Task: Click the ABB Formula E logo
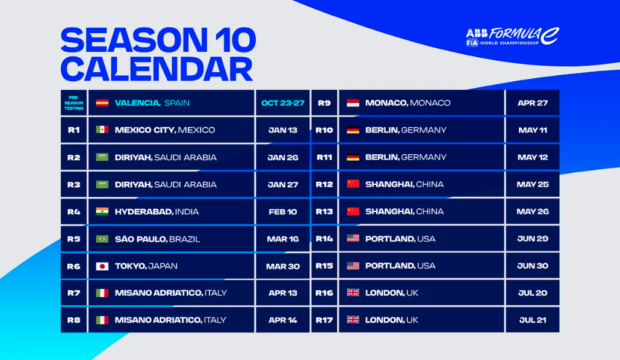[512, 37]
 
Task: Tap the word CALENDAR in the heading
[157, 69]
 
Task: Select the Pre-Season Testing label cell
[73, 103]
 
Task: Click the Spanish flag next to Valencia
[102, 103]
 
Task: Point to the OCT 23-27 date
[282, 103]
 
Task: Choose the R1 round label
[73, 130]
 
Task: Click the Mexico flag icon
[102, 130]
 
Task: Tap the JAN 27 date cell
[282, 185]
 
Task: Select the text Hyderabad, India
[157, 212]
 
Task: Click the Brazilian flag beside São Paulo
[102, 239]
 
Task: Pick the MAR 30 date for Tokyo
[282, 266]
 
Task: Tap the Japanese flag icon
[102, 266]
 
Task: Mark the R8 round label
[73, 320]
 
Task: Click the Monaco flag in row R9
[353, 103]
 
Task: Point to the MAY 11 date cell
[532, 130]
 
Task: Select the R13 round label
[324, 211]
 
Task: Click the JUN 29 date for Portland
[532, 239]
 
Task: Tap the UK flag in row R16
[353, 293]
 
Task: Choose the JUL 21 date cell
[532, 320]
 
